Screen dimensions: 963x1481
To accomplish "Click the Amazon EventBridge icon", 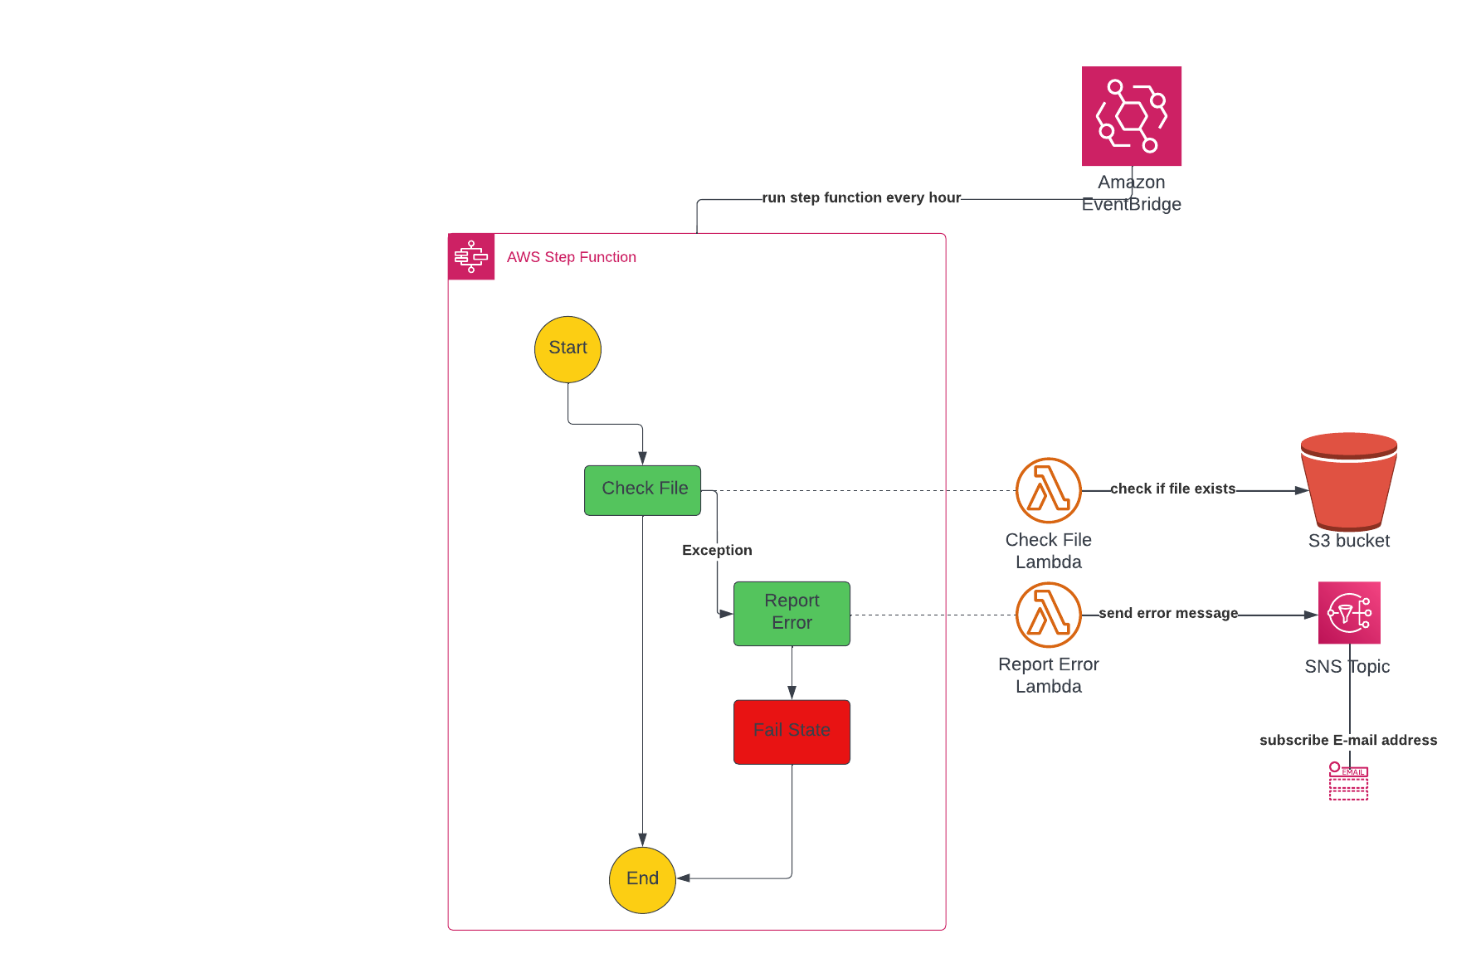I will [x=1131, y=116].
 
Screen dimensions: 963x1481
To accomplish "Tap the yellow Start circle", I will [x=568, y=349].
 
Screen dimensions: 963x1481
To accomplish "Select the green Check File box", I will [x=642, y=490].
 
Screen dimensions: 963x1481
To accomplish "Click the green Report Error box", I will [x=792, y=613].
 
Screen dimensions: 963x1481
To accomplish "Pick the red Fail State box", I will [x=792, y=732].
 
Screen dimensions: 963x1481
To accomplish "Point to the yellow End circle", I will [x=642, y=879].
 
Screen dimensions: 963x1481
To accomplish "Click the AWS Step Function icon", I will [x=471, y=256].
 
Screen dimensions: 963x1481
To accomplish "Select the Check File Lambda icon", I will [x=1048, y=490].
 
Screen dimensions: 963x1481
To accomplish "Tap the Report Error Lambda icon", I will [x=1048, y=615].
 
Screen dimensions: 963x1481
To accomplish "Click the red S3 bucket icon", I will [x=1349, y=481].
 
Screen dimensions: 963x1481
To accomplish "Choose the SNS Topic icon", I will [x=1349, y=613].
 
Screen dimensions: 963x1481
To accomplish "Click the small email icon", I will [x=1348, y=781].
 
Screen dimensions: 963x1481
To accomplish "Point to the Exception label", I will [x=717, y=550].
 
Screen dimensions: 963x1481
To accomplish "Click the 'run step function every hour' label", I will [x=861, y=197].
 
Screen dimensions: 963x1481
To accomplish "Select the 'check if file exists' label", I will [x=1172, y=489].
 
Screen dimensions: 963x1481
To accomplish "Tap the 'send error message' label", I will [x=1168, y=613].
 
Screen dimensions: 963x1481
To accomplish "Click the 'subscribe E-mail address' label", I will [x=1348, y=740].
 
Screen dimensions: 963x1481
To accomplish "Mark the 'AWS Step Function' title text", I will [x=571, y=257].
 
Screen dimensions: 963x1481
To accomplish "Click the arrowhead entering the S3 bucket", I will [x=1302, y=490].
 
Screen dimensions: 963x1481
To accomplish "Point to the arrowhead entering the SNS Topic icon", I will [x=1311, y=615].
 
